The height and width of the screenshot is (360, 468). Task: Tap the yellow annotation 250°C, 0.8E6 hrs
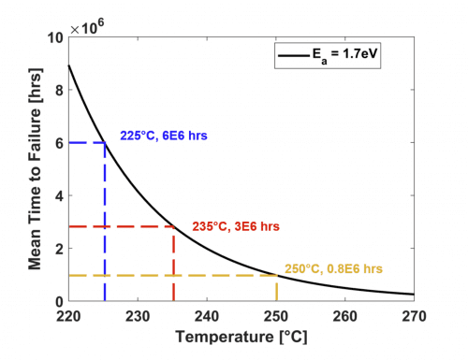[x=333, y=268]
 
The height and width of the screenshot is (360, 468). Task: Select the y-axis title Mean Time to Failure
[x=34, y=168]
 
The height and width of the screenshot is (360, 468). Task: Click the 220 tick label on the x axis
[x=69, y=316]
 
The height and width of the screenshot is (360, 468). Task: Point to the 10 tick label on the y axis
[x=55, y=37]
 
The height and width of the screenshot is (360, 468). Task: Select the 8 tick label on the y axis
[x=58, y=90]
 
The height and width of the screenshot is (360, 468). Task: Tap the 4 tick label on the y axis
[x=58, y=195]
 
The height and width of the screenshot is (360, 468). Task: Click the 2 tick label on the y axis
[x=58, y=248]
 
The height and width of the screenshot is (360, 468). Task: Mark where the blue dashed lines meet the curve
[x=104, y=142]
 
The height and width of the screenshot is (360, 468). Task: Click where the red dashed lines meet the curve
[x=173, y=226]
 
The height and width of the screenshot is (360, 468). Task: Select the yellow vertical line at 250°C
[x=276, y=288]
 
